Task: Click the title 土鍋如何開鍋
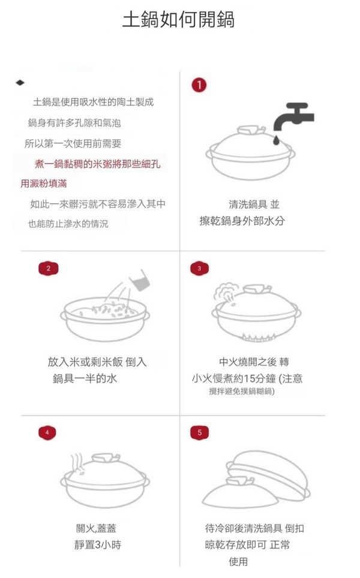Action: coord(179,20)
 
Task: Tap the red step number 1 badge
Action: coord(199,85)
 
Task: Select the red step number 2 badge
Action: coord(49,269)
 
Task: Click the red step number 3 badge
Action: coord(200,269)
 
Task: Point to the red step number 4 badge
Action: coord(47,432)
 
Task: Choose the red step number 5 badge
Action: coord(200,432)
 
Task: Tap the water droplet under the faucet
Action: coord(276,140)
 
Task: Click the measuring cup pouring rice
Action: coord(140,279)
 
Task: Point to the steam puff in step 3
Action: coord(224,292)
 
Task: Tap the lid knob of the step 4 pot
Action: coord(106,458)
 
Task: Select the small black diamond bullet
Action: coord(20,83)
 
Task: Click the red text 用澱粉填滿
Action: coord(44,183)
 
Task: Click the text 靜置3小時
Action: coord(98,544)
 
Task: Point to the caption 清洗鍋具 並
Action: coord(254,204)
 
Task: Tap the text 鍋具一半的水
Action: coord(85,378)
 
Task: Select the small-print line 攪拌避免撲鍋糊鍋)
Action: coord(242,391)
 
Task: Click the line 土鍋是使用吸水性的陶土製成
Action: coord(94,102)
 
